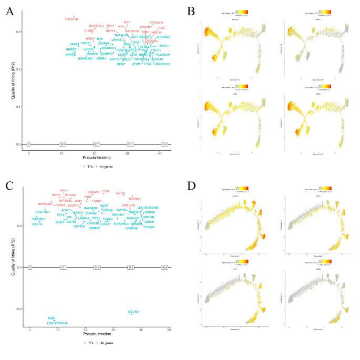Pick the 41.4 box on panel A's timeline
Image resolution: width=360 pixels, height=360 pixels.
(x=164, y=144)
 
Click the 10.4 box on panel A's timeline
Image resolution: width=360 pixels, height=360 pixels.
(x=63, y=144)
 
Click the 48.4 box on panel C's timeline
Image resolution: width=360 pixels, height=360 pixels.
(x=164, y=268)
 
